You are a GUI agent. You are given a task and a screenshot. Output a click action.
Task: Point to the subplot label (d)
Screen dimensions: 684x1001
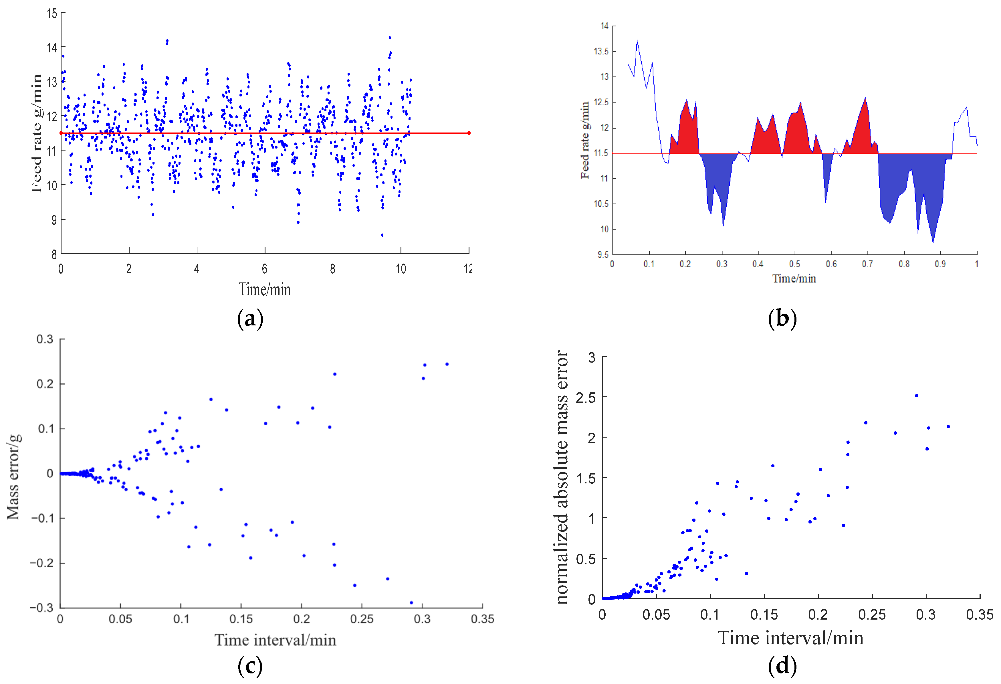coord(782,666)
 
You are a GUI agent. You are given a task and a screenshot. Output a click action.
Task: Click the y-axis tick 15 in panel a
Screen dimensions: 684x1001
coord(52,14)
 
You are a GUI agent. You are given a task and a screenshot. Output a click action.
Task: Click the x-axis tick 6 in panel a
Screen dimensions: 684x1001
coord(264,269)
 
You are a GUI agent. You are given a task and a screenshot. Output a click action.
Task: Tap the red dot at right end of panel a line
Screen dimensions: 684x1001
coord(469,133)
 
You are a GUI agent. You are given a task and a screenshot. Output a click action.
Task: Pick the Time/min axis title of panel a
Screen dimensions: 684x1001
coord(264,289)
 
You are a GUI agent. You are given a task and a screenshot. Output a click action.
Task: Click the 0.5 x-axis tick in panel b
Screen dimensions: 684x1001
coord(795,264)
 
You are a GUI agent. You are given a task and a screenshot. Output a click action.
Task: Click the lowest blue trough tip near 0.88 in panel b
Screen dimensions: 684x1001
coord(933,242)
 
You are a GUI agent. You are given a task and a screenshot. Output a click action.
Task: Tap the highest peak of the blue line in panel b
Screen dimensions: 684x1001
coord(637,41)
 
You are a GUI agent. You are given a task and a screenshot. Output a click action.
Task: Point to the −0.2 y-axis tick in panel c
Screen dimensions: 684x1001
coord(41,563)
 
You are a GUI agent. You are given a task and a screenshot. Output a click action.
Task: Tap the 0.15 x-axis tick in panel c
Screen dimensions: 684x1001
coord(241,619)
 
